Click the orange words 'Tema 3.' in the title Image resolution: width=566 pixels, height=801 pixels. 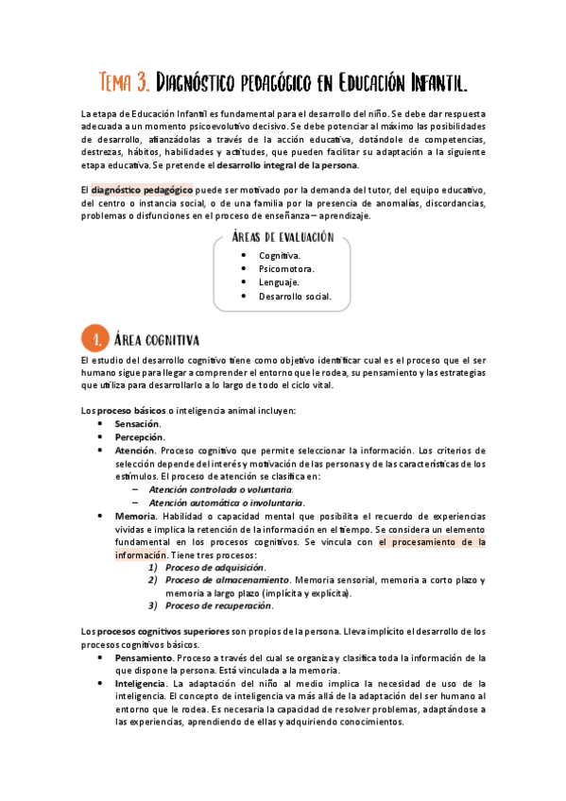pos(123,82)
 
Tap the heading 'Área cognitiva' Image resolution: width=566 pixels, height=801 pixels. pos(156,338)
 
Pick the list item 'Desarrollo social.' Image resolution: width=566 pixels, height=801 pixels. pos(295,296)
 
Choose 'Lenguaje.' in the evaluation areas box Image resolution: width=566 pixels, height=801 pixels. pos(279,281)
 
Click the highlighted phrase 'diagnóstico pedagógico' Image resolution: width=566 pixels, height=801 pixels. pos(142,189)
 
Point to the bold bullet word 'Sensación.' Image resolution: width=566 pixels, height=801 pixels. pos(138,424)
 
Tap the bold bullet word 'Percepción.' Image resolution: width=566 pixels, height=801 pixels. pos(140,437)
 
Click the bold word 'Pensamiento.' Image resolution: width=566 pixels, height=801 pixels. pos(144,656)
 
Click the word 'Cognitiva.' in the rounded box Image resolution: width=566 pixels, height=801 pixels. pos(280,255)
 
